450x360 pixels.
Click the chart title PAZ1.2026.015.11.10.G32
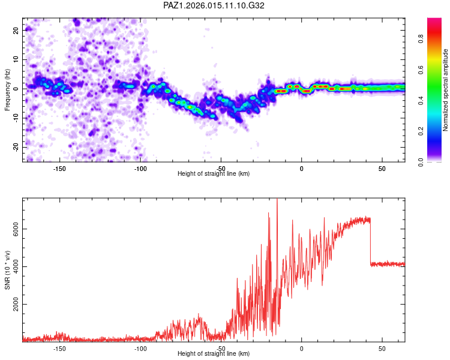pos(214,5)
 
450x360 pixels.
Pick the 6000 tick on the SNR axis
pos(13,229)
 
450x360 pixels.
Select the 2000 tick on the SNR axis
pos(13,305)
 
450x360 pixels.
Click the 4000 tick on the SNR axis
pos(13,267)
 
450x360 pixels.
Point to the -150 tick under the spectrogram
pos(59,169)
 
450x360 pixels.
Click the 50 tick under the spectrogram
pos(382,169)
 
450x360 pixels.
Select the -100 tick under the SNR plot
pos(140,349)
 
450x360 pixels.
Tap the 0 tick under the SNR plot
pos(302,349)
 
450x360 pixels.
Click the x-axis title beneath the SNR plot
pos(214,354)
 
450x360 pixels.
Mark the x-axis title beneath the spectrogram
pos(214,174)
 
